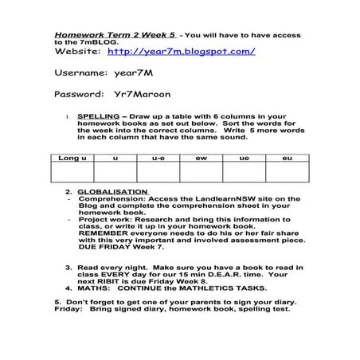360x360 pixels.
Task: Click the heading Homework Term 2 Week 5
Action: coord(115,36)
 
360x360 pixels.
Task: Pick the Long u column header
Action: coord(71,159)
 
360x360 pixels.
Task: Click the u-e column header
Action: coord(158,159)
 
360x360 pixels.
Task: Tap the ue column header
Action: coord(244,159)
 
